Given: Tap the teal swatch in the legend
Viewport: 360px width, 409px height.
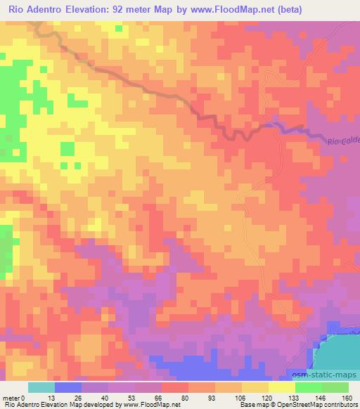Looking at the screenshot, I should [x=41, y=387].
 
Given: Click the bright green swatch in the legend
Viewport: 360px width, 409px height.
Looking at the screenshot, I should [x=309, y=387].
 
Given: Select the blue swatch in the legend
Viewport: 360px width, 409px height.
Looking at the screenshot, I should [x=67, y=387].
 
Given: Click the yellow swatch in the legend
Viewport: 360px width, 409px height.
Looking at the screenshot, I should [x=255, y=387].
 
